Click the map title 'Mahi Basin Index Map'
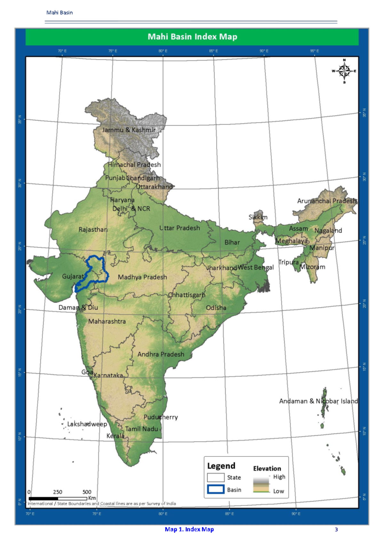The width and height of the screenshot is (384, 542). [x=192, y=37]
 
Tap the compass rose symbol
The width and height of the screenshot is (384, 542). [x=344, y=71]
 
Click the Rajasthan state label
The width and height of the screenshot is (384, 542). [x=93, y=229]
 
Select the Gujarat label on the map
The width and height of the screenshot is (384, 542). [x=73, y=276]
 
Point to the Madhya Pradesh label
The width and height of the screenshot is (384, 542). [x=142, y=277]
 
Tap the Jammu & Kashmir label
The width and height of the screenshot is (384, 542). [x=129, y=130]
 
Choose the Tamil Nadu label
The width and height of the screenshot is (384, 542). [x=141, y=429]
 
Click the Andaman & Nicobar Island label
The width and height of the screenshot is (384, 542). [x=318, y=401]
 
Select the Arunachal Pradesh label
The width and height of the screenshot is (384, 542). [x=327, y=201]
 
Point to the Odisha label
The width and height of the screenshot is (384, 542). [x=216, y=308]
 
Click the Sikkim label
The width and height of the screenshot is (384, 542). [x=258, y=217]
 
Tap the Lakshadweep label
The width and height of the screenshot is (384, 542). [x=87, y=424]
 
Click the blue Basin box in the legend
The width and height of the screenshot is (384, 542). [x=215, y=489]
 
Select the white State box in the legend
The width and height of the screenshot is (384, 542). [x=215, y=477]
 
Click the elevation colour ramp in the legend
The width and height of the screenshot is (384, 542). [x=261, y=484]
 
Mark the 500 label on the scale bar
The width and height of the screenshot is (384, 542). [x=87, y=492]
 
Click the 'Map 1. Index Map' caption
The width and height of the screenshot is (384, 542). [x=189, y=530]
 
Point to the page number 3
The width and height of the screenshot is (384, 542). [x=336, y=530]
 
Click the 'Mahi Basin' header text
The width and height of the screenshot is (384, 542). [x=60, y=13]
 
